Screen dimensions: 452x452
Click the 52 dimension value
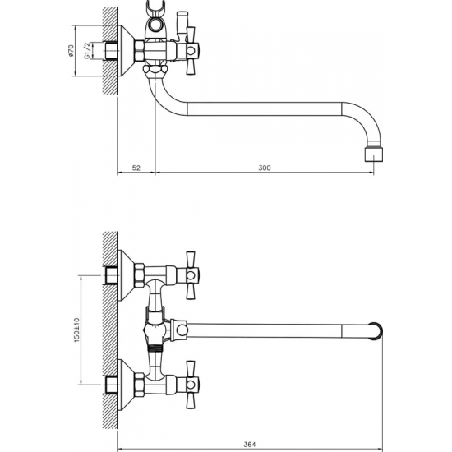(x=136, y=168)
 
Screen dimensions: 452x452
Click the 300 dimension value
(x=265, y=168)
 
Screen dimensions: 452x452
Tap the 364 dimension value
(x=250, y=445)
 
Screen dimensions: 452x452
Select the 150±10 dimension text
(x=76, y=330)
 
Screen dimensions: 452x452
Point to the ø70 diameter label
(x=71, y=51)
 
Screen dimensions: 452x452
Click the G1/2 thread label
(x=87, y=51)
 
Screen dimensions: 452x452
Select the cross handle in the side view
(x=191, y=51)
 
